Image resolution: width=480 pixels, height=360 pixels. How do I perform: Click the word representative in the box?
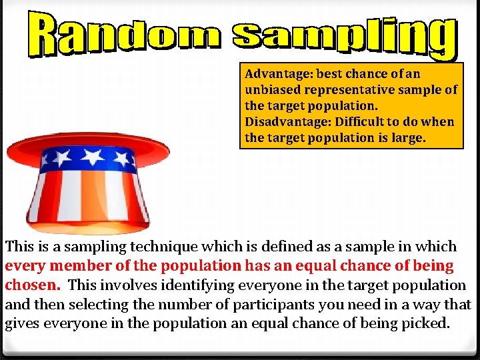tap(357, 90)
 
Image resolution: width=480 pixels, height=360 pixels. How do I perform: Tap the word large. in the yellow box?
tap(409, 138)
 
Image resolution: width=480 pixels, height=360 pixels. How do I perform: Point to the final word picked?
tap(427, 324)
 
